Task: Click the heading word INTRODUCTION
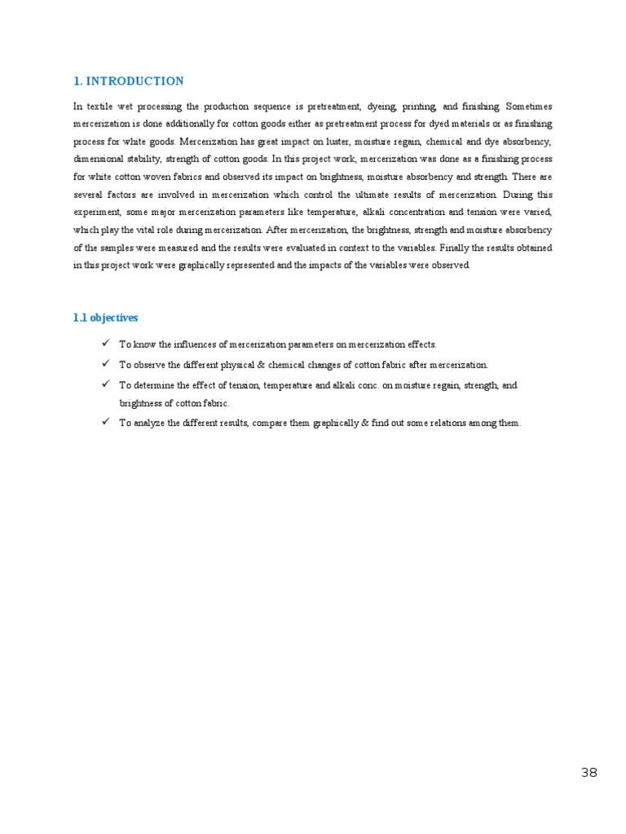point(134,81)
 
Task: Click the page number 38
point(589,773)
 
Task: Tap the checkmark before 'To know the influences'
point(106,344)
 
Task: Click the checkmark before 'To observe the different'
point(106,363)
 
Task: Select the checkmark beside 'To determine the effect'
point(106,384)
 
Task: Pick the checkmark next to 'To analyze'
point(106,422)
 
